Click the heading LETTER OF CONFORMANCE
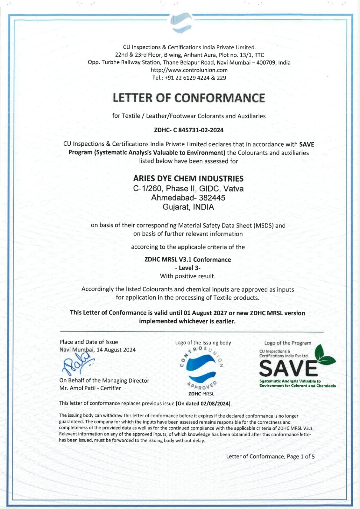(189, 98)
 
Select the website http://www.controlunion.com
(189, 70)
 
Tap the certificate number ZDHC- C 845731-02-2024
(189, 130)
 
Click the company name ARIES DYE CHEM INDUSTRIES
(188, 178)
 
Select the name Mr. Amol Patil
(78, 388)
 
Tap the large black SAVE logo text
(288, 369)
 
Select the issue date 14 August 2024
(116, 350)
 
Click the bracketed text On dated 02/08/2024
(203, 403)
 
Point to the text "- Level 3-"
(188, 268)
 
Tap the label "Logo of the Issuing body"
(203, 343)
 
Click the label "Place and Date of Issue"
(89, 342)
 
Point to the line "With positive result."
(188, 276)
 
